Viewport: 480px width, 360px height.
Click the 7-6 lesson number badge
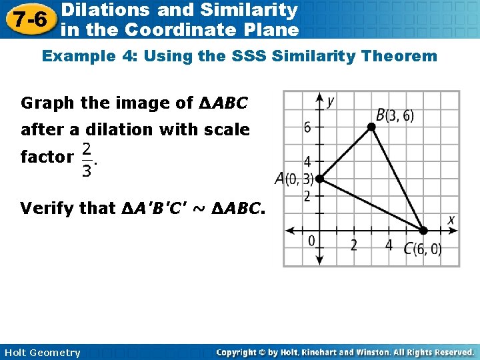(x=27, y=19)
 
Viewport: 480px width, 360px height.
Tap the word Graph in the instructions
(x=48, y=103)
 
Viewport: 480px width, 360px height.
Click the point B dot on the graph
(x=372, y=125)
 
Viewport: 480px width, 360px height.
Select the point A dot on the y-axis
(x=319, y=179)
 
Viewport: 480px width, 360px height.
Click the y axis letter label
(x=330, y=101)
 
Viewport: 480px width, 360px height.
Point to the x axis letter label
(x=451, y=219)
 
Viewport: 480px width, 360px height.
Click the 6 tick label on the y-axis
(x=307, y=127)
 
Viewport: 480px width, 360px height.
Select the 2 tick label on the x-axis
(x=353, y=245)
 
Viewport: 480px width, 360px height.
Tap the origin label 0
(x=311, y=241)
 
